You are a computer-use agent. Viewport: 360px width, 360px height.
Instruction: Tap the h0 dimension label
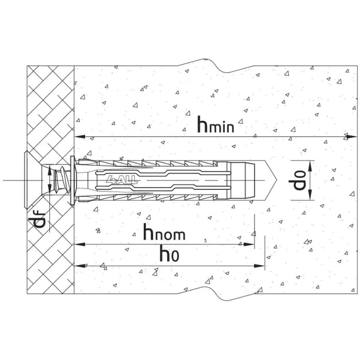tap(170, 253)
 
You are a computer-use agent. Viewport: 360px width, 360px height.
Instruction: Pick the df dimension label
tap(36, 220)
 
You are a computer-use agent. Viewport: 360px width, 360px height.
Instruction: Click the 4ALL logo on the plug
tap(122, 180)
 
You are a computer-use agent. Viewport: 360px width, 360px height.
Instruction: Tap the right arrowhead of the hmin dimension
tap(351, 137)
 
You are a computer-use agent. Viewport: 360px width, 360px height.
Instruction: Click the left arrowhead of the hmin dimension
tap(80, 137)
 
